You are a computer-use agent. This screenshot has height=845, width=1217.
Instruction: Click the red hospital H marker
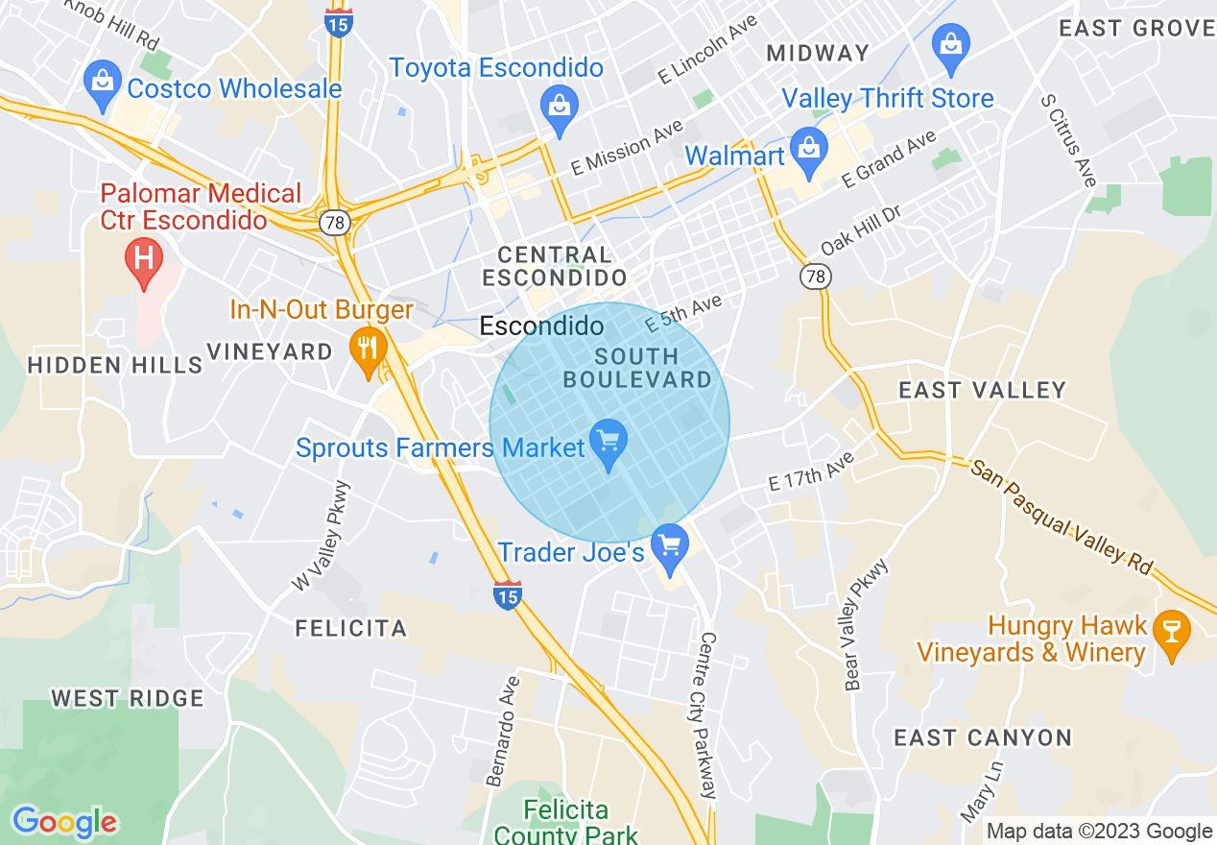[145, 260]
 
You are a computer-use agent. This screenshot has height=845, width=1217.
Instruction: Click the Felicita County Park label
[566, 822]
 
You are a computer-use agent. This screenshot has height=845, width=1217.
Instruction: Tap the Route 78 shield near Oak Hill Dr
[816, 277]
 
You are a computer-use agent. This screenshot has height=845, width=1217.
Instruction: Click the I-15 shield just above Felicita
[508, 596]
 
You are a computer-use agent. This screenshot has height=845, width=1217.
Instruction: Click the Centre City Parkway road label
[709, 715]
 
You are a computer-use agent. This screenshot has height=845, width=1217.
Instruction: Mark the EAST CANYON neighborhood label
[982, 737]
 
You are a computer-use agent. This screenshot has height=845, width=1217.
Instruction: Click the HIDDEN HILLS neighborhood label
[115, 365]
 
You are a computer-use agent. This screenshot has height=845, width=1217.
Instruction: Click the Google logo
[64, 822]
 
